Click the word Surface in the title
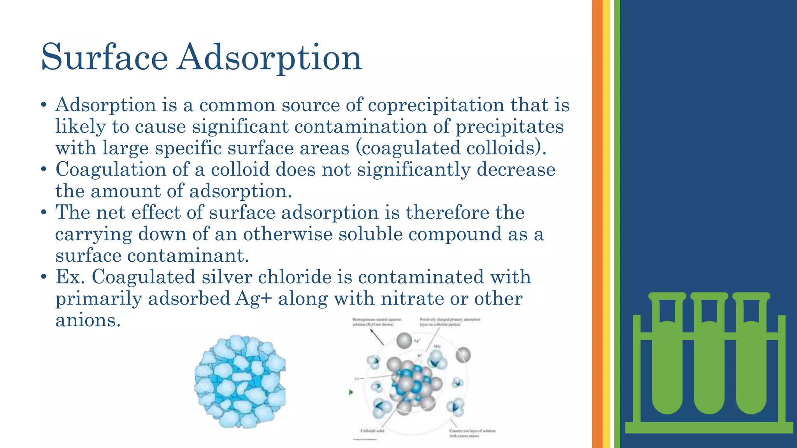coord(104,58)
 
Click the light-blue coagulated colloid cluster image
coord(240,381)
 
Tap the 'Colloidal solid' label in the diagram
coord(372,430)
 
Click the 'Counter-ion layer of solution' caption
coord(472,431)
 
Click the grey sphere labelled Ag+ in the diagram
coord(404,341)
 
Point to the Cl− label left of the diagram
coord(357,378)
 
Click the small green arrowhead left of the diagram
coord(351,392)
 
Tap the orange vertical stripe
coord(597,224)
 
